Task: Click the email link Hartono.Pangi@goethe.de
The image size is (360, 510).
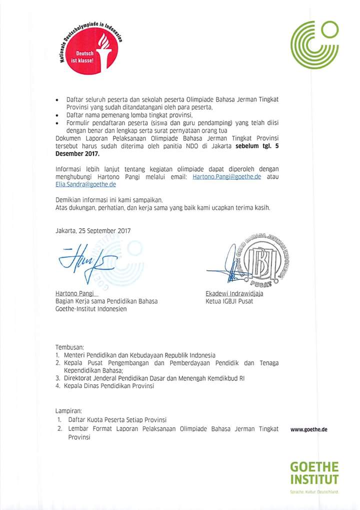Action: click(226, 177)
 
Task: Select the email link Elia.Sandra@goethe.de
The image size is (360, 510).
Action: click(85, 184)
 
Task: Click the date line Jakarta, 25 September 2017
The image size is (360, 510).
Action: click(93, 231)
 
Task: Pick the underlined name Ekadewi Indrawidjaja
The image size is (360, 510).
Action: click(234, 293)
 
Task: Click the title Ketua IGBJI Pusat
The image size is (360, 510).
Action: click(229, 301)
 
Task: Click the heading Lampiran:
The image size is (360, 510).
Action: click(68, 410)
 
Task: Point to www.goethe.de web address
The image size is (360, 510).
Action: click(308, 429)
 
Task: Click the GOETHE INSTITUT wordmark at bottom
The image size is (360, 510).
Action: click(314, 473)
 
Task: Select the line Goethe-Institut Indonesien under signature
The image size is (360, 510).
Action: click(91, 309)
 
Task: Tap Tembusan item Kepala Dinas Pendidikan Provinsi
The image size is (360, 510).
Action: click(108, 386)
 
